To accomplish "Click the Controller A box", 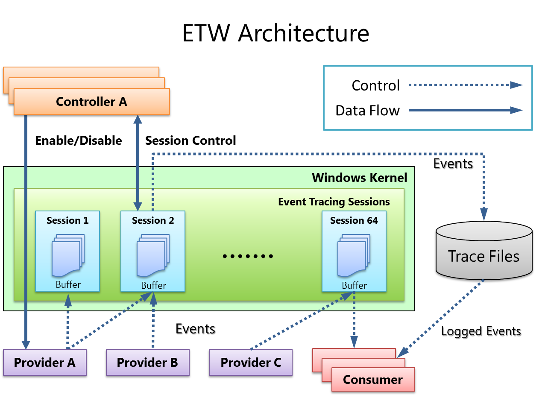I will click(x=91, y=102).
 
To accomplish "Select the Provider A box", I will click(x=44, y=363).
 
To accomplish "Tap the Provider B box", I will click(x=147, y=363).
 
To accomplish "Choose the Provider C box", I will click(x=251, y=363).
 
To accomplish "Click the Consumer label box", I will click(x=373, y=380).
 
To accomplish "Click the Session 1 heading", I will click(x=67, y=220).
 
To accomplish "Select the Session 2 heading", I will click(x=153, y=220).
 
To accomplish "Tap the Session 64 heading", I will click(x=354, y=220).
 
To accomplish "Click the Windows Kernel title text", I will click(x=360, y=178).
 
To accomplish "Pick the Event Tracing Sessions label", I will click(x=334, y=202).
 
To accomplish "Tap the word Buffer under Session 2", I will click(x=153, y=285).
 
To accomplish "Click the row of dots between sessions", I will click(x=248, y=256).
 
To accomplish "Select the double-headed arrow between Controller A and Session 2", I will click(x=138, y=163).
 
